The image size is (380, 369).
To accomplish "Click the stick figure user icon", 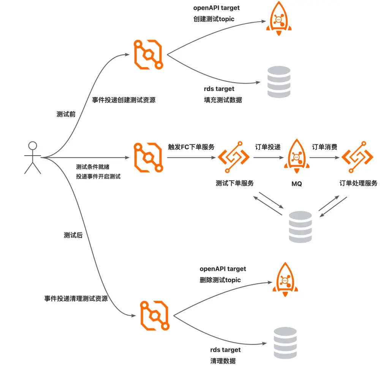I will point(33,157).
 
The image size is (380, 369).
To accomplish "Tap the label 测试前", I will point(66,115).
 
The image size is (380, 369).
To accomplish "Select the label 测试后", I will point(73,235).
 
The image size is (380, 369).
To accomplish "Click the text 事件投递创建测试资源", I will point(124,100).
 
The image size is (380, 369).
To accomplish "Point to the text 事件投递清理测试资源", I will point(76,299).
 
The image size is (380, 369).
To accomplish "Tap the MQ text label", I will point(296,184).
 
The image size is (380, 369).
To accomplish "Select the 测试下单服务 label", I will point(234,183).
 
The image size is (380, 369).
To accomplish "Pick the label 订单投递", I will point(268,147).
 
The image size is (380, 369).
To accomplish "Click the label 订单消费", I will point(325,147).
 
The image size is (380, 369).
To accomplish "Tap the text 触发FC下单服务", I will point(191,147).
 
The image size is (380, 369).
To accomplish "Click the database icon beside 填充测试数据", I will point(279,82).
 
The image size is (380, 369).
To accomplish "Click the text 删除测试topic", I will point(220,280).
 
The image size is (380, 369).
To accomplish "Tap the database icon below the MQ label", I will point(300,227).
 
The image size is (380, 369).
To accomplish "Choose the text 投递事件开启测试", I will point(98,177).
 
